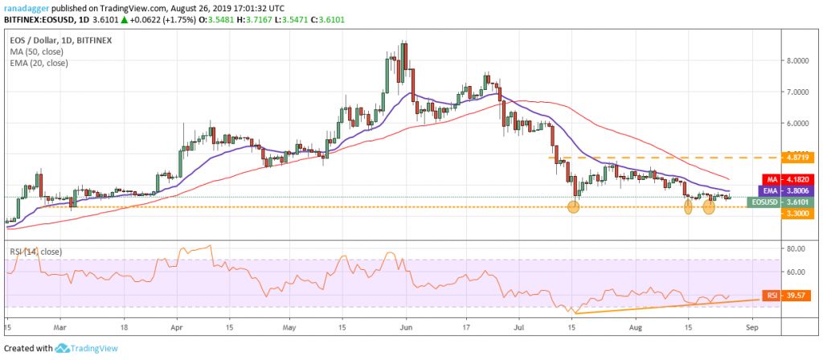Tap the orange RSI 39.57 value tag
[x=782, y=295]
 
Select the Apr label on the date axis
[x=177, y=328]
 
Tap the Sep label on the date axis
[x=751, y=328]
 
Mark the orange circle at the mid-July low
[x=573, y=207]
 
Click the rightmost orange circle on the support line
[x=709, y=207]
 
